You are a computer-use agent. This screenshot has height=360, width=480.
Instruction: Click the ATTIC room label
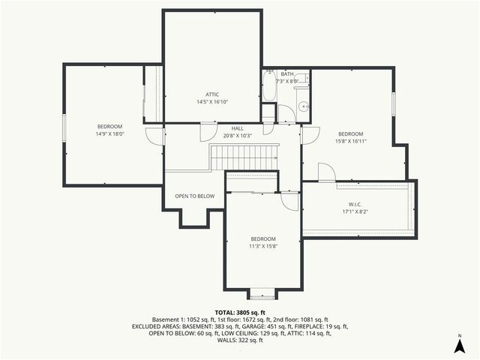[x=212, y=94]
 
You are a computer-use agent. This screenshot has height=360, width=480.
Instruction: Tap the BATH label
[x=287, y=74]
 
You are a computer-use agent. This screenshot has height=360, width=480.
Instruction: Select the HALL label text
[x=238, y=128]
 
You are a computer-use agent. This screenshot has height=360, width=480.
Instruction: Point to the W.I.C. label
[x=355, y=204]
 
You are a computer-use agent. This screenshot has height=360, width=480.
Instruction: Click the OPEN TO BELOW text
[x=195, y=196]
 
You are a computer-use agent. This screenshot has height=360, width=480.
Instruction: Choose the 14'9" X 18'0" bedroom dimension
[x=109, y=134]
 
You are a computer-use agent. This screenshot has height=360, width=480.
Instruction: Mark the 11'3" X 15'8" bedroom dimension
[x=263, y=246]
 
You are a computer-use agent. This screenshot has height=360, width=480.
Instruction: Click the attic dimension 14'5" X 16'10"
[x=212, y=101]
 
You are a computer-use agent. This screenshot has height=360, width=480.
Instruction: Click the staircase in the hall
[x=244, y=157]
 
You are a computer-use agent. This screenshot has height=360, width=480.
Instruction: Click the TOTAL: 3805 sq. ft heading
[x=240, y=312]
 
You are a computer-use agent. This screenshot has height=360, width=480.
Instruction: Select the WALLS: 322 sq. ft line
[x=240, y=340]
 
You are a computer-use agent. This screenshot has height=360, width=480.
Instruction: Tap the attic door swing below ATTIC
[x=204, y=132]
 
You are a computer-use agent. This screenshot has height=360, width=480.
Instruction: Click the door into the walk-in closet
[x=325, y=173]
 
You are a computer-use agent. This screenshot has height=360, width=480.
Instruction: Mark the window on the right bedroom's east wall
[x=393, y=103]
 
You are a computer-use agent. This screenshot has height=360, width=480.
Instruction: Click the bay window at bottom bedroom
[x=262, y=293]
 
